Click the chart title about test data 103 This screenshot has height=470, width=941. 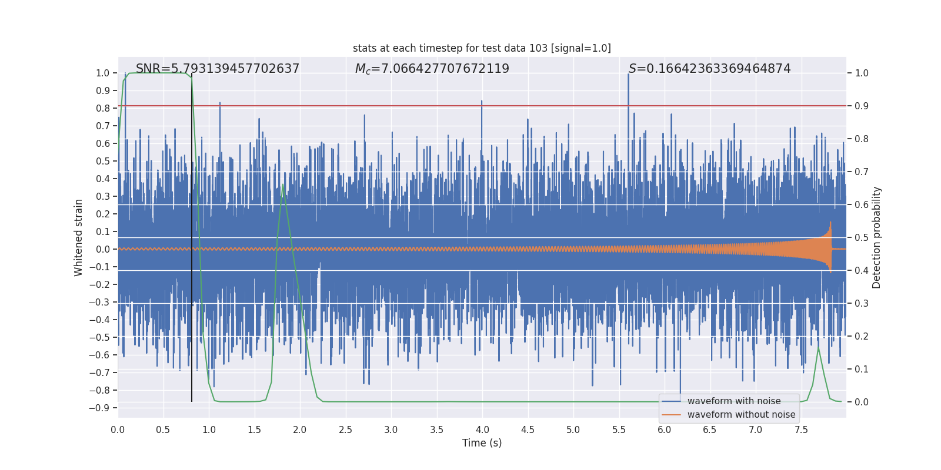click(482, 48)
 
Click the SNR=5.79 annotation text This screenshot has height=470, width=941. click(218, 69)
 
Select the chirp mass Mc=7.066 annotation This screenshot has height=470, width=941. click(432, 69)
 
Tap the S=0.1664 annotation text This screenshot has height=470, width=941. click(709, 69)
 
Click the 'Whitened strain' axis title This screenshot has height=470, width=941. click(79, 237)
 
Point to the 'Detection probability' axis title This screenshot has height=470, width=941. click(877, 237)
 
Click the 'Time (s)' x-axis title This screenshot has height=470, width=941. click(482, 443)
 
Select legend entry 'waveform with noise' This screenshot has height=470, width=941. click(733, 401)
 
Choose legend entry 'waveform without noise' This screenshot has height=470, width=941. click(741, 415)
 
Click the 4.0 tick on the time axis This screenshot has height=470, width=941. click(482, 430)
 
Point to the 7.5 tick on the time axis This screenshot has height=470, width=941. click(801, 430)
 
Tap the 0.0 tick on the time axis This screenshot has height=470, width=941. click(118, 430)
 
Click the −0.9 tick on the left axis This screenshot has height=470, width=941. click(102, 408)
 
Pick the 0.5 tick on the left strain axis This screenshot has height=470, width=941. click(103, 161)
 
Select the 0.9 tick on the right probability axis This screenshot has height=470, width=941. click(862, 106)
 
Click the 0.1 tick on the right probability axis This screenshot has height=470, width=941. click(862, 370)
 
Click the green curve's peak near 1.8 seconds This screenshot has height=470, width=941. click(283, 185)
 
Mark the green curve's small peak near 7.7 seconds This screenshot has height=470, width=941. click(818, 348)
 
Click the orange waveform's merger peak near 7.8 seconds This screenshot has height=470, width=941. click(830, 223)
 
